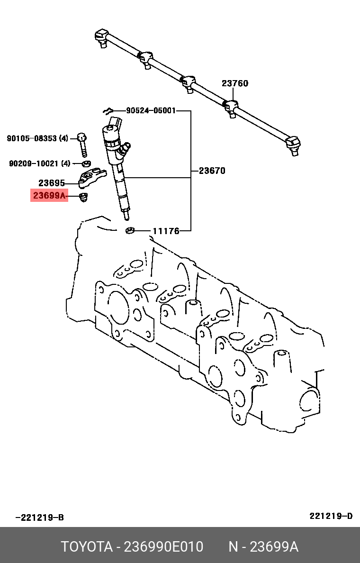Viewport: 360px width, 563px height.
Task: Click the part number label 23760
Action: (x=234, y=83)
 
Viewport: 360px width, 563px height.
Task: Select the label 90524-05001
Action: (x=151, y=111)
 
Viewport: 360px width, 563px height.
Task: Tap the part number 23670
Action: (x=212, y=171)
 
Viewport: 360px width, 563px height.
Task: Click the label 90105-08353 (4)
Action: (x=37, y=138)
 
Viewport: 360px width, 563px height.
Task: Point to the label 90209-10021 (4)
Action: (x=39, y=163)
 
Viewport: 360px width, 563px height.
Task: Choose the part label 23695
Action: (x=52, y=183)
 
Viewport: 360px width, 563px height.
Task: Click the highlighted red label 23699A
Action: (x=49, y=195)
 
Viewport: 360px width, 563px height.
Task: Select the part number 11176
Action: (x=165, y=231)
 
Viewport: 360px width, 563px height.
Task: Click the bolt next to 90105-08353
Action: (x=82, y=144)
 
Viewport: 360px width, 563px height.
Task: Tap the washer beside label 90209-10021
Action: (x=86, y=164)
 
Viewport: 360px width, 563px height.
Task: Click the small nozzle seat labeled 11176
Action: (x=130, y=231)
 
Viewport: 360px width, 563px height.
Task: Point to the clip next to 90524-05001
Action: (x=108, y=111)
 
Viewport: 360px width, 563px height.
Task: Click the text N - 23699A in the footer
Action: (x=263, y=547)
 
